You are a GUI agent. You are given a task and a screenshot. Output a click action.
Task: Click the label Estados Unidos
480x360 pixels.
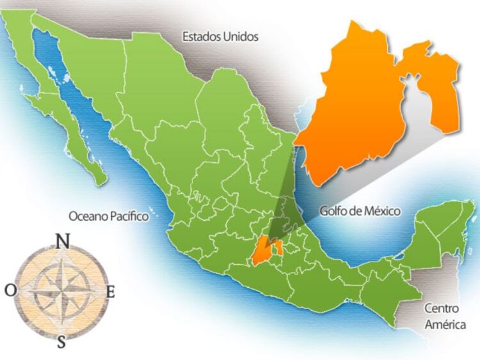[220, 36]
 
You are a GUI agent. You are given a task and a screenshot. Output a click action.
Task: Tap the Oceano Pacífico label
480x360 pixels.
[109, 217]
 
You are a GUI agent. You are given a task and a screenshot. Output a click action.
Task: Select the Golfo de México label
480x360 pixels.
[360, 211]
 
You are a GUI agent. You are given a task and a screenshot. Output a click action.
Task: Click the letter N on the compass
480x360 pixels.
[63, 241]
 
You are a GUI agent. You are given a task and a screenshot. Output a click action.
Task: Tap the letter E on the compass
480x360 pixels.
[110, 292]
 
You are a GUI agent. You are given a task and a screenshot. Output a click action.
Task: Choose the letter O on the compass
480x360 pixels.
[11, 291]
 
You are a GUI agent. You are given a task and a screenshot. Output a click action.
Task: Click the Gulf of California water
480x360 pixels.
[70, 96]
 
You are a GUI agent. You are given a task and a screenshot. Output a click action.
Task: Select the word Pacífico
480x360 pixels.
[128, 217]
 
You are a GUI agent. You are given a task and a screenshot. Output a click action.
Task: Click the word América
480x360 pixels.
[445, 325]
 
